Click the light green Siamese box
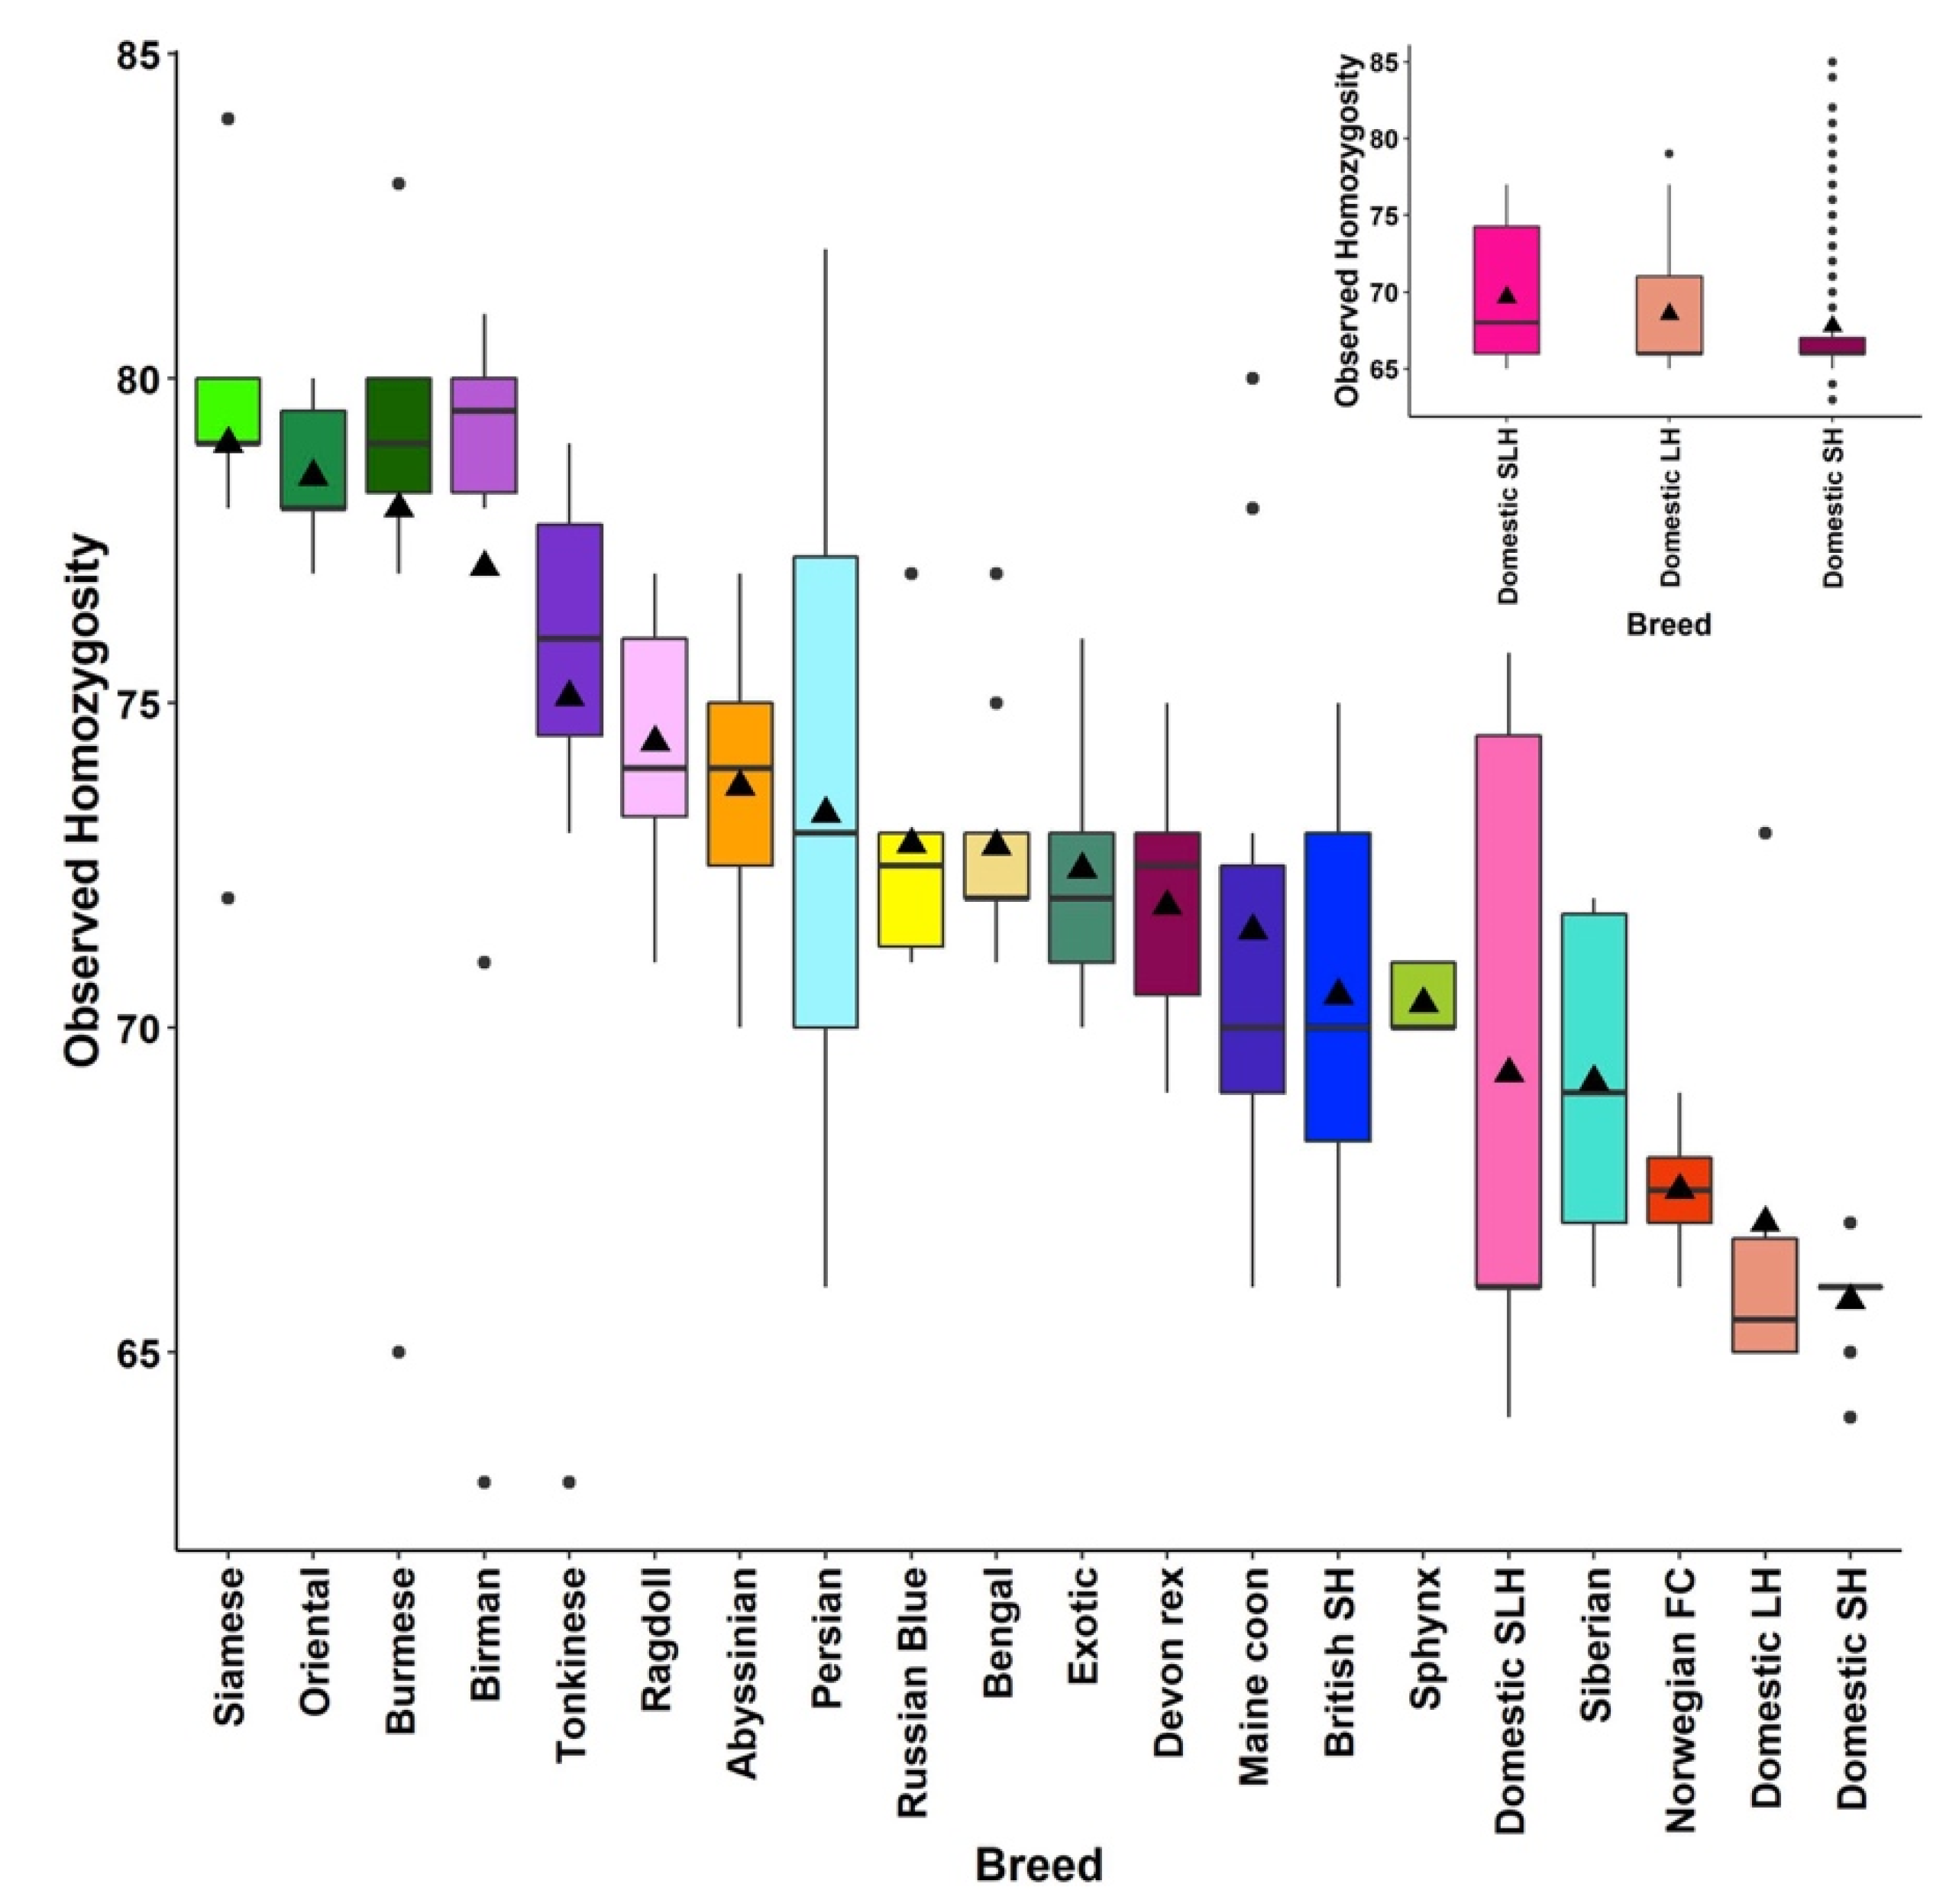coord(228,410)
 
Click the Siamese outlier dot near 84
coord(228,119)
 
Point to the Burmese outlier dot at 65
coord(398,1352)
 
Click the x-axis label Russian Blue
coord(912,1692)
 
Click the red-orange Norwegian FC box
coord(1679,1190)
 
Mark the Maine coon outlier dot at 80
coord(1253,378)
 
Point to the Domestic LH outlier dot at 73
coord(1764,833)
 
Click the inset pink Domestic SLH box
coord(1506,289)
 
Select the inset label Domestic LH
coord(1670,508)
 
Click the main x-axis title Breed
coord(1038,1864)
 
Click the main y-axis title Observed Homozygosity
coord(84,800)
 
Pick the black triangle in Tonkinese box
coord(569,694)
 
